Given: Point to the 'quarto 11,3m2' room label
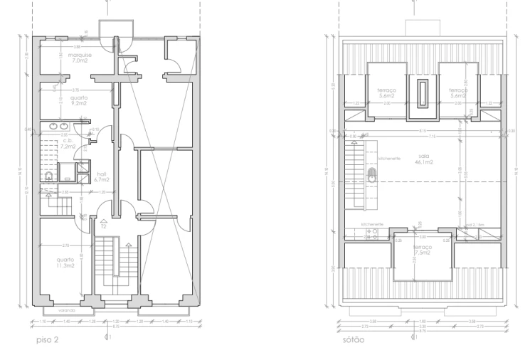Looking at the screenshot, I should [65, 263].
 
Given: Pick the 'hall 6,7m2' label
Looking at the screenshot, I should [100, 179].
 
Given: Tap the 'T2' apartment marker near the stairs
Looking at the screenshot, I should [104, 226].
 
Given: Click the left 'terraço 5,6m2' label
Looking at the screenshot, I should [386, 92].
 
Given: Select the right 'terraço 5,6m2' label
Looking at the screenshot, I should [457, 92].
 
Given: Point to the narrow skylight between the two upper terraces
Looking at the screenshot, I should [422, 92].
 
